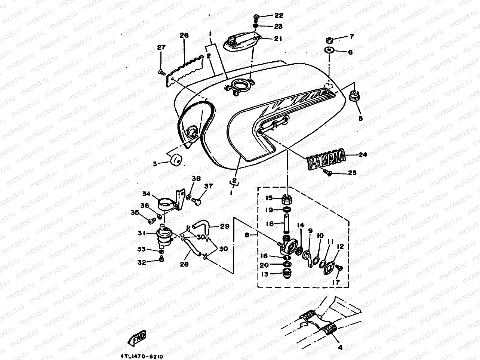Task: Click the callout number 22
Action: click(279, 16)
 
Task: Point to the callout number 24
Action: click(363, 154)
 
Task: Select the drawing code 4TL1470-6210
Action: click(142, 357)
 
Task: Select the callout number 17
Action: click(336, 282)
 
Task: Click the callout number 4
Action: click(340, 347)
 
